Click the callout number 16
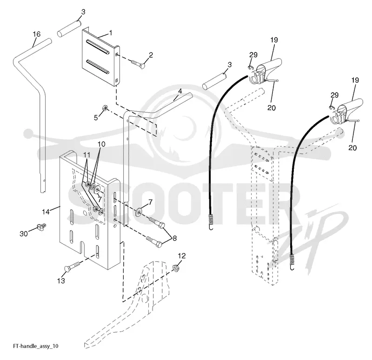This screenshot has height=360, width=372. click(37, 34)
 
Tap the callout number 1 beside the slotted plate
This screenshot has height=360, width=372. click(111, 33)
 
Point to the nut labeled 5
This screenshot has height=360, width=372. click(104, 108)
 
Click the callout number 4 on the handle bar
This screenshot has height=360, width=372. click(180, 91)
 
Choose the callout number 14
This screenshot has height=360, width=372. click(46, 212)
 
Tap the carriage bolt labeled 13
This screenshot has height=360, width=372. click(73, 266)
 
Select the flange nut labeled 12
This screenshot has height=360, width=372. click(176, 268)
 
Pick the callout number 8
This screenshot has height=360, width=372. click(175, 238)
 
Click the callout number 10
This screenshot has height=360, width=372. click(101, 144)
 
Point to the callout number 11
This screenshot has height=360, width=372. click(87, 155)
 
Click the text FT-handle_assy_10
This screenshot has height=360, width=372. click(36, 346)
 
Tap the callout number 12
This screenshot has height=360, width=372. click(181, 256)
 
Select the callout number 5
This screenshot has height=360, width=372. click(96, 118)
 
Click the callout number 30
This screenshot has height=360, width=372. click(24, 234)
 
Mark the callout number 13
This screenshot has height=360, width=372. click(61, 281)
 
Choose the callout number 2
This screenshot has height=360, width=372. click(151, 55)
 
